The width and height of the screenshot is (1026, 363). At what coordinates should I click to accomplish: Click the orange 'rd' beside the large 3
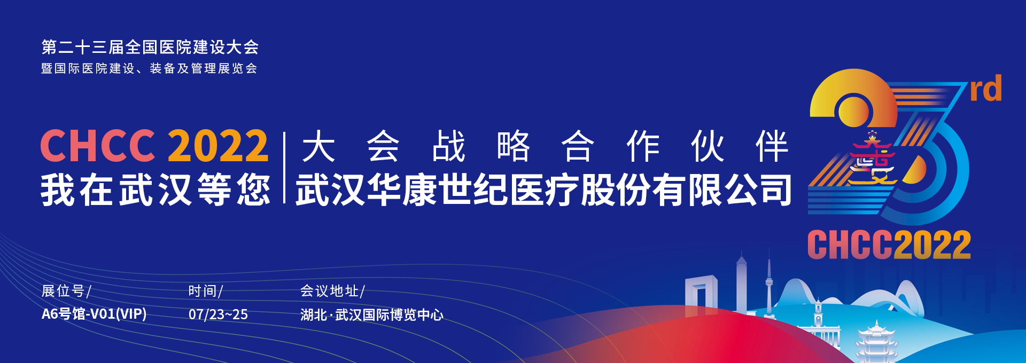point(986,89)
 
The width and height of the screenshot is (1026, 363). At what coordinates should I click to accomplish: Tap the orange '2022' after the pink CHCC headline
point(218,146)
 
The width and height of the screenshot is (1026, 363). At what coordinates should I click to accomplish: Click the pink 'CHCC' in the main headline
point(98,146)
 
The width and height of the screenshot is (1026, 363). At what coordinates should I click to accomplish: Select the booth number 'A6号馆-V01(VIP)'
point(94,314)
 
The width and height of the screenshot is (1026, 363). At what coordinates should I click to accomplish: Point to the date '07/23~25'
point(218,314)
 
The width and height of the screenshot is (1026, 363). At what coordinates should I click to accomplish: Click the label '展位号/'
point(67,291)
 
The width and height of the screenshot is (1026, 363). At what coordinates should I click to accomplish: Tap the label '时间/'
point(206,291)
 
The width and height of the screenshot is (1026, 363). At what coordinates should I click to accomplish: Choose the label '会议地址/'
point(332,291)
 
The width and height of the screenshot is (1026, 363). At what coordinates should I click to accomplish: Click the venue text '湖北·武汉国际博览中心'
point(372,315)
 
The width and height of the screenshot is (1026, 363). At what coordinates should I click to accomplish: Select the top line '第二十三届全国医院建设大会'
point(150,48)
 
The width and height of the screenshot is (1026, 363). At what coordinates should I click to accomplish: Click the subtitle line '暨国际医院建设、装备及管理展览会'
point(150,68)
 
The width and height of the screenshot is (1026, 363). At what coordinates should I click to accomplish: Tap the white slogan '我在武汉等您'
point(156,190)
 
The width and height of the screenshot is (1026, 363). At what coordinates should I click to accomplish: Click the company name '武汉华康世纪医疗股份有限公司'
point(543,190)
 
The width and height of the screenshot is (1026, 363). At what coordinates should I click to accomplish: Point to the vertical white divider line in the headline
point(285,168)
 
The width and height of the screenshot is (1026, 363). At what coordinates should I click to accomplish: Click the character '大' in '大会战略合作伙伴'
point(318,146)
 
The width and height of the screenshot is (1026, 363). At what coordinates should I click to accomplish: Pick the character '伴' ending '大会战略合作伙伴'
point(772,146)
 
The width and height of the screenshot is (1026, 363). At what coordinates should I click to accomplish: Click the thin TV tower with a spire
point(769,283)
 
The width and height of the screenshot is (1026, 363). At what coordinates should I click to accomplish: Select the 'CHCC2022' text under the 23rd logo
point(889,245)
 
